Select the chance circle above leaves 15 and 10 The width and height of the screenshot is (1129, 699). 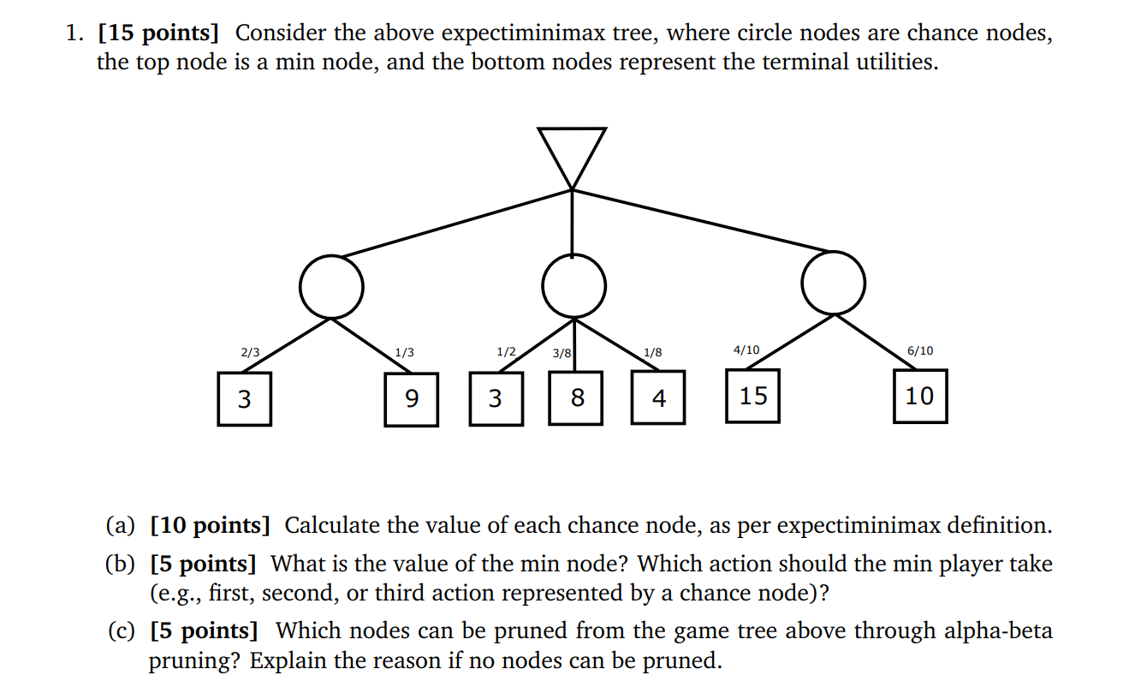click(x=833, y=284)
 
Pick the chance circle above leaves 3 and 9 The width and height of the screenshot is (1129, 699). click(x=331, y=286)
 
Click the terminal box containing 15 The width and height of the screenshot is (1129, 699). click(x=752, y=396)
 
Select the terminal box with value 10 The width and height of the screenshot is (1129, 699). click(x=919, y=396)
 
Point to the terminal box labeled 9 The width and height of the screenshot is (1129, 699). click(x=411, y=399)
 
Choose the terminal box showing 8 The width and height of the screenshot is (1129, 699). click(x=576, y=398)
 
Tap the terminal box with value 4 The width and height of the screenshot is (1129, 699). click(x=657, y=398)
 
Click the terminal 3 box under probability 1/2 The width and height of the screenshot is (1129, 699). click(x=495, y=398)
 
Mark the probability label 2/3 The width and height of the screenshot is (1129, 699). click(x=250, y=352)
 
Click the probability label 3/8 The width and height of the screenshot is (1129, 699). click(x=562, y=353)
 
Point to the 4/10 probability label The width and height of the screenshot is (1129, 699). click(x=746, y=349)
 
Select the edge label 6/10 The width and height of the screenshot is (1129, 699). click(x=920, y=350)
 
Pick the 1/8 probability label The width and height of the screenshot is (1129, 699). click(x=652, y=352)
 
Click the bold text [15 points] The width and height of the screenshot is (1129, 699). click(x=158, y=33)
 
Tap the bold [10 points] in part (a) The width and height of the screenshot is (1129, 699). click(x=210, y=525)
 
